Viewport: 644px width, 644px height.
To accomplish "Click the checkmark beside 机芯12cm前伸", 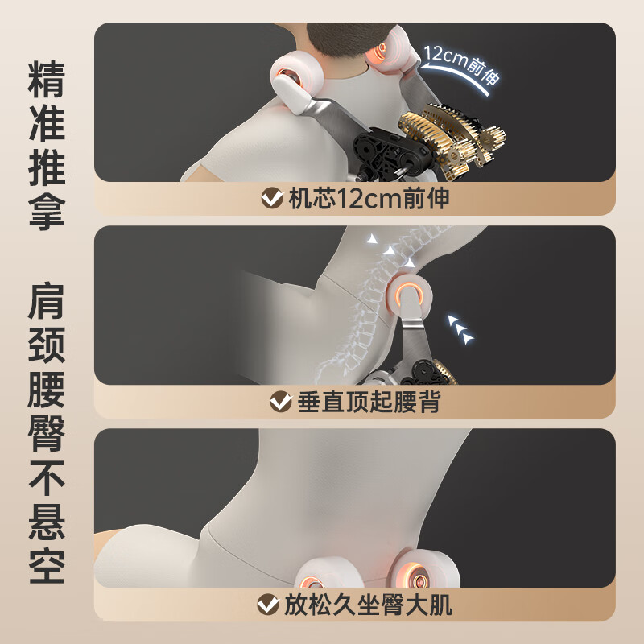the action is click(x=272, y=198).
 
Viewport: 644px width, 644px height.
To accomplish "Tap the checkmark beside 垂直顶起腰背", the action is click(x=281, y=401).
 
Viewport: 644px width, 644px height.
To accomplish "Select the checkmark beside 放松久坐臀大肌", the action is click(x=268, y=605).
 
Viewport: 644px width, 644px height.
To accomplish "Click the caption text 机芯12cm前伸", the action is click(x=369, y=198).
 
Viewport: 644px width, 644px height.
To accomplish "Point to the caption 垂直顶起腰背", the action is click(x=369, y=401).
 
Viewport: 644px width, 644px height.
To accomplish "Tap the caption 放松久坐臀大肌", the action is click(x=368, y=605).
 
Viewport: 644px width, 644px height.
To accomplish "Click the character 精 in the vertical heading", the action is click(x=47, y=79).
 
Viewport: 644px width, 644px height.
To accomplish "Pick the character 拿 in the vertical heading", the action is click(x=47, y=212).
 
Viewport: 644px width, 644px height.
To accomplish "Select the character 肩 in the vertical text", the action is click(x=47, y=300).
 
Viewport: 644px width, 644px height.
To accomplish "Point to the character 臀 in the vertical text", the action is click(x=47, y=433).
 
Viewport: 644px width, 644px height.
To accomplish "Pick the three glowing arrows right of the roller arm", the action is click(x=460, y=329).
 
